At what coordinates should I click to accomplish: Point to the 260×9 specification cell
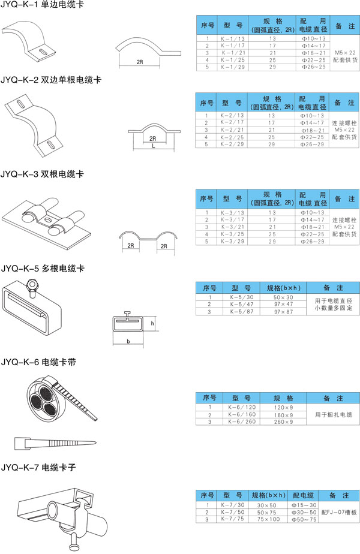pos(283,422)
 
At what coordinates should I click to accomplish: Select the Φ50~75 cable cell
pos(304,520)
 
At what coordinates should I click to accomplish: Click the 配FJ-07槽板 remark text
pos(338,513)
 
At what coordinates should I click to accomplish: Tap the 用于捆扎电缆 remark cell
pos(333,414)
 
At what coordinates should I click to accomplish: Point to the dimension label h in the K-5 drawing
pos(152,323)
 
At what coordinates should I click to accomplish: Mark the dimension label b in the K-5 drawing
pos(128,341)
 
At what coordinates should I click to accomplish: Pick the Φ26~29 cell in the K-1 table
pos(312,67)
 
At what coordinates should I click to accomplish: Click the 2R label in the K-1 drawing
pos(139,62)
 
